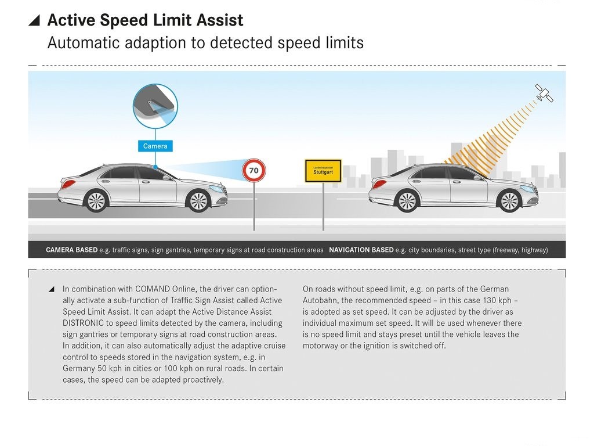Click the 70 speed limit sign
coord(254,170)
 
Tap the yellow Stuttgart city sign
coord(323,171)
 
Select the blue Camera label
coord(155,146)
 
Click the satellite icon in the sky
coord(544,93)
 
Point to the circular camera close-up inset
coord(155,106)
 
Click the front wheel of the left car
coord(198,201)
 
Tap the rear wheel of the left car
coord(96,201)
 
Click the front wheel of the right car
coord(509,201)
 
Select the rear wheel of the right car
coord(407,201)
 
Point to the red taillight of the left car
coord(68,184)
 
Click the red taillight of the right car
coord(379,184)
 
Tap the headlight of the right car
coord(527,189)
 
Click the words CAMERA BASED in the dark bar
coord(71,250)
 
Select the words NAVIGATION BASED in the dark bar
coord(361,250)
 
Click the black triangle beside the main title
coord(34,20)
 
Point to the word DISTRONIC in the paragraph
coord(84,323)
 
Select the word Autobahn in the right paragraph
coord(320,300)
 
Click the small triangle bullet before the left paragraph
coord(52,289)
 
